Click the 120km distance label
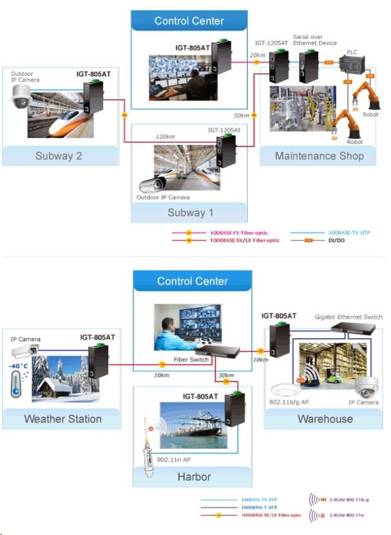click(166, 137)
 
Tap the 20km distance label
click(258, 55)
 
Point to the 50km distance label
click(241, 115)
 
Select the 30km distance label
click(227, 376)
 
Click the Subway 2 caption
click(60, 156)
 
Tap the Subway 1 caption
click(189, 212)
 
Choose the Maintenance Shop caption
click(319, 156)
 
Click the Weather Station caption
click(63, 418)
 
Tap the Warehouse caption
click(324, 418)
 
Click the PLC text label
click(352, 52)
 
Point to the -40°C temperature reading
click(18, 366)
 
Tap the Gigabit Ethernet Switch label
click(348, 317)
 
